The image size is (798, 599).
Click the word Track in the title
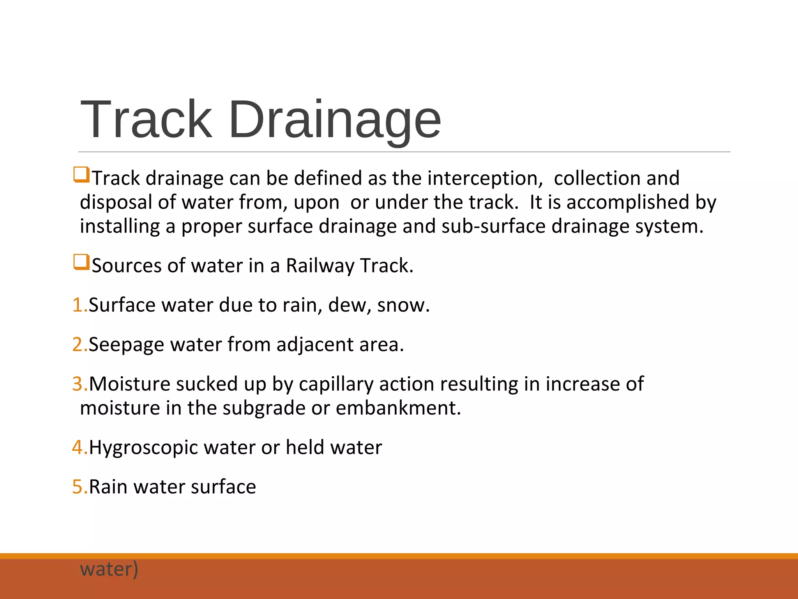(146, 119)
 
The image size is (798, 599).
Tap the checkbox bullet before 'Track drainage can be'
(81, 175)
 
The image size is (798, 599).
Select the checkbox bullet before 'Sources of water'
(81, 262)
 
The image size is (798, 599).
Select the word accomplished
(628, 202)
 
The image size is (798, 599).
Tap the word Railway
(320, 266)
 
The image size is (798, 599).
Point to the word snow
(402, 305)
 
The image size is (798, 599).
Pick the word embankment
(397, 408)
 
